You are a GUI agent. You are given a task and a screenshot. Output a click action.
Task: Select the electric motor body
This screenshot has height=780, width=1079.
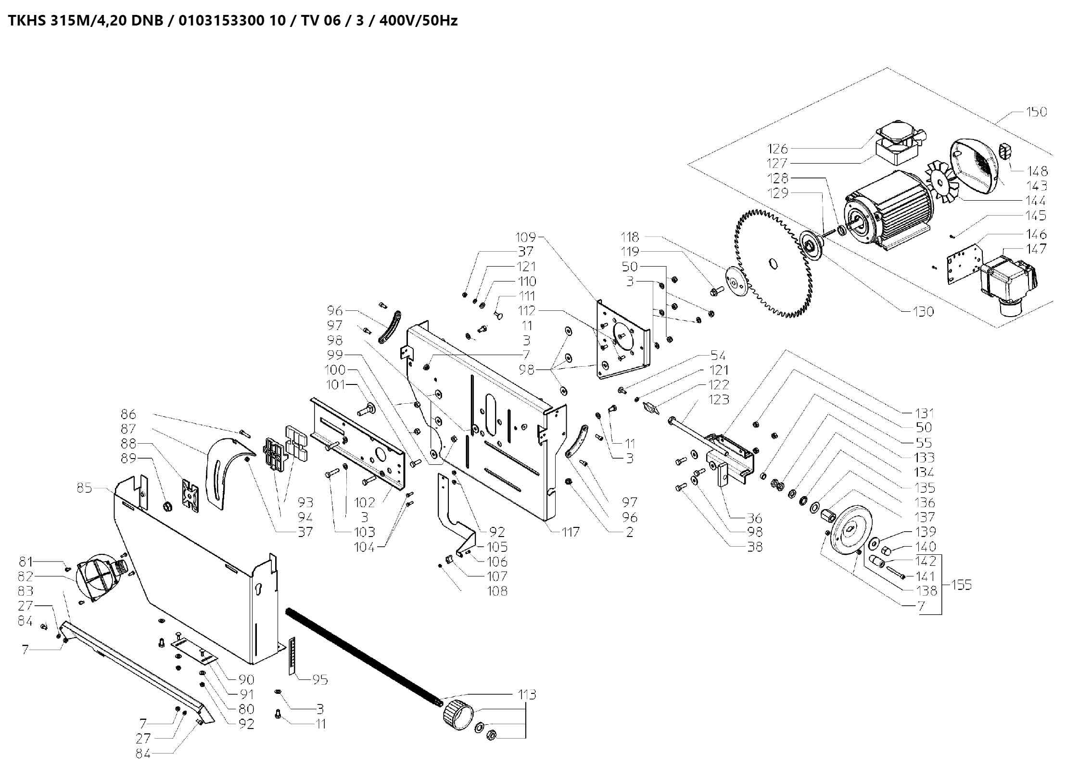tap(890, 212)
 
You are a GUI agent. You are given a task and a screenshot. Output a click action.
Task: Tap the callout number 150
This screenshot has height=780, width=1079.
tap(1036, 112)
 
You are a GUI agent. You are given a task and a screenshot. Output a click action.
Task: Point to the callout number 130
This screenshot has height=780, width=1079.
tap(923, 312)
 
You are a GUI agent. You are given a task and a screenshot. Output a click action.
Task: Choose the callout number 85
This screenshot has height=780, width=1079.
tap(84, 488)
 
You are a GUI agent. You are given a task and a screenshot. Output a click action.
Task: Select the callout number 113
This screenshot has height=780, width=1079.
tap(527, 695)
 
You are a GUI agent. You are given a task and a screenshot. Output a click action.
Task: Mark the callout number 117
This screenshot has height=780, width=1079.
tap(570, 532)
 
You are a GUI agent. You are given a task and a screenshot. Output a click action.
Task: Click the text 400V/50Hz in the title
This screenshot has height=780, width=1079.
tap(418, 21)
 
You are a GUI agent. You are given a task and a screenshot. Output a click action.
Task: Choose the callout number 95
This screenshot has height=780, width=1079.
tap(320, 680)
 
